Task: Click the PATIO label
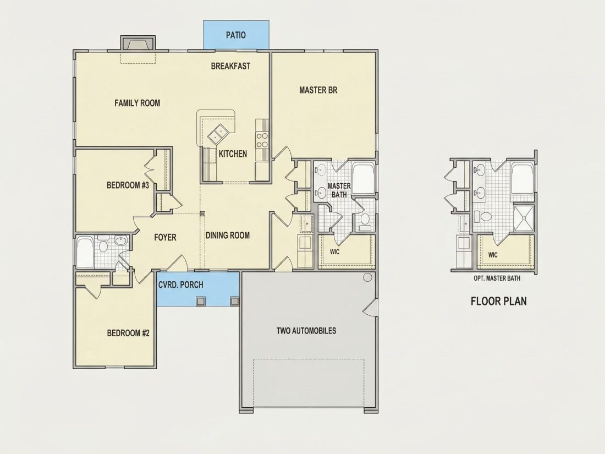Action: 236,35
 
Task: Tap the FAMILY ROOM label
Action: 137,103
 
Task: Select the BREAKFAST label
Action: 231,66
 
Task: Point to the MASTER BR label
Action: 318,90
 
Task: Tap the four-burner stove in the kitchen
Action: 262,140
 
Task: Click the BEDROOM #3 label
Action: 128,185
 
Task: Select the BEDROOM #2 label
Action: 128,333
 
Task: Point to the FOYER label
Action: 165,237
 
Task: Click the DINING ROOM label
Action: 228,235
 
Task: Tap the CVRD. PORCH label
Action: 181,285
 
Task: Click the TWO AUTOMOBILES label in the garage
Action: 306,331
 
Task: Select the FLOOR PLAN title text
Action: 499,301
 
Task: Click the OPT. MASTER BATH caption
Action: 497,278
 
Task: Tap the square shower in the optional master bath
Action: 524,218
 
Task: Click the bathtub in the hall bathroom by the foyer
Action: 85,252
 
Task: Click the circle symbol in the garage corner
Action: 368,277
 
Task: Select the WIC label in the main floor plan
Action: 334,252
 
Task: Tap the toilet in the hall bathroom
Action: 103,244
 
